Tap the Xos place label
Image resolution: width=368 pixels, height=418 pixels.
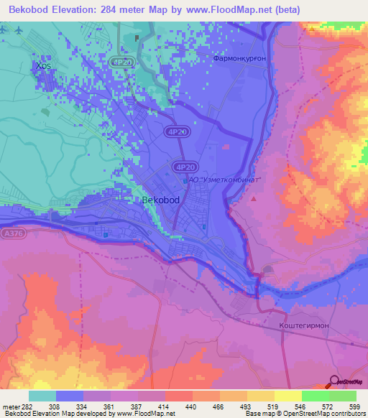click(x=42, y=66)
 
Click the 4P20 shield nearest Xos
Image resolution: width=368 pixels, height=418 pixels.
click(x=121, y=63)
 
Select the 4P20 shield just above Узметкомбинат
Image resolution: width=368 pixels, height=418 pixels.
click(x=182, y=166)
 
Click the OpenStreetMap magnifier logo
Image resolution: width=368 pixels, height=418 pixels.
click(x=335, y=381)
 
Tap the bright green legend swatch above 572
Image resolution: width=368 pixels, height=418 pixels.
click(x=315, y=396)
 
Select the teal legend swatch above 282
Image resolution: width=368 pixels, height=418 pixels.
click(x=42, y=396)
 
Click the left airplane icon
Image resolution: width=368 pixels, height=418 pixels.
click(x=5, y=31)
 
